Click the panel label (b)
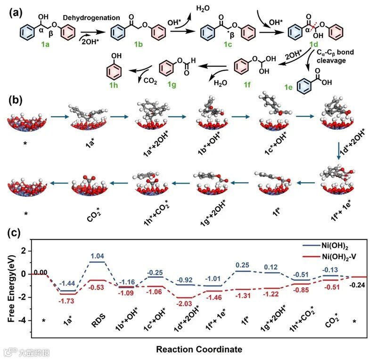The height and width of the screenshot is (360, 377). point(14,100)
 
